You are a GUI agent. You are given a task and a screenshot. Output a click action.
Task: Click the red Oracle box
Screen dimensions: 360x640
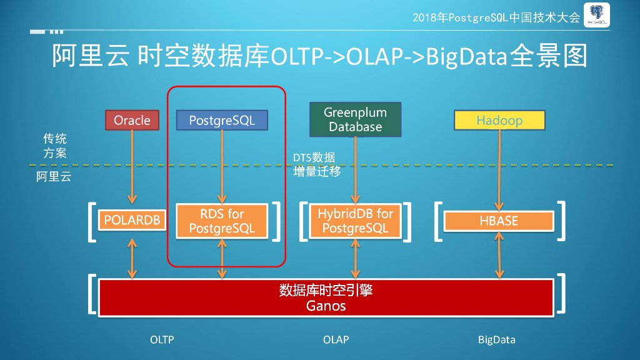132,120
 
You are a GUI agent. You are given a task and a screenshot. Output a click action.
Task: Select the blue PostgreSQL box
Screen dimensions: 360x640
222,120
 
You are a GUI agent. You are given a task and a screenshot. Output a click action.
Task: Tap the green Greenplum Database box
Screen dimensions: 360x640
355,120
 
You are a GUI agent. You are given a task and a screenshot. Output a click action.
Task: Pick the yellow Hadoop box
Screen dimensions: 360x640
499,120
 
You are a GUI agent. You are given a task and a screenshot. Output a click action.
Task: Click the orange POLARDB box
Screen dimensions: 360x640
132,220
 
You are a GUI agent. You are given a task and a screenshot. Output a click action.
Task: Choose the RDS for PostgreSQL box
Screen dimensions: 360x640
222,221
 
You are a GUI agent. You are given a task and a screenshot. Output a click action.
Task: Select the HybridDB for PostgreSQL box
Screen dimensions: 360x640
355,221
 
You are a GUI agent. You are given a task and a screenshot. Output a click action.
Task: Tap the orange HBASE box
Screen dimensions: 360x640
499,221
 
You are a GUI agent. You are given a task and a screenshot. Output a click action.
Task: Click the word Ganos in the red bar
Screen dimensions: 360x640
326,306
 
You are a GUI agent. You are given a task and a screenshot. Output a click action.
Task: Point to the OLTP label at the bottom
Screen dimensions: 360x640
162,340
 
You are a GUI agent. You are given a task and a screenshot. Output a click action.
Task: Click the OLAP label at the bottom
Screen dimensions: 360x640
336,340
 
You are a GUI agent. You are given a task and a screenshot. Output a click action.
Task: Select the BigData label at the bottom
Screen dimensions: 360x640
496,340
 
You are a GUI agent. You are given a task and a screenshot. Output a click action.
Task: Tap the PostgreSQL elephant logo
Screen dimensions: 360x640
596,16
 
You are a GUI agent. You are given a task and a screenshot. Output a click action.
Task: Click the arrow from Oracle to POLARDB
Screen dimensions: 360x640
132,169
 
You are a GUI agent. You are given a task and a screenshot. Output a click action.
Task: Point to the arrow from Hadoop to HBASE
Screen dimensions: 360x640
499,169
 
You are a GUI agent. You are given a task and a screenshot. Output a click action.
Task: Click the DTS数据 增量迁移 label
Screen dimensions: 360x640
317,164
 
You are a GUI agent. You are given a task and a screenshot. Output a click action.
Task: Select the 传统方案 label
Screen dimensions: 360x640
55,146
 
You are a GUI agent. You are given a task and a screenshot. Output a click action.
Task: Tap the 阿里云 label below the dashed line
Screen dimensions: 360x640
54,177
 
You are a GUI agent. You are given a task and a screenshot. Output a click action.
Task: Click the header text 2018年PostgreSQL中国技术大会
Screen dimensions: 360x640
496,17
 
